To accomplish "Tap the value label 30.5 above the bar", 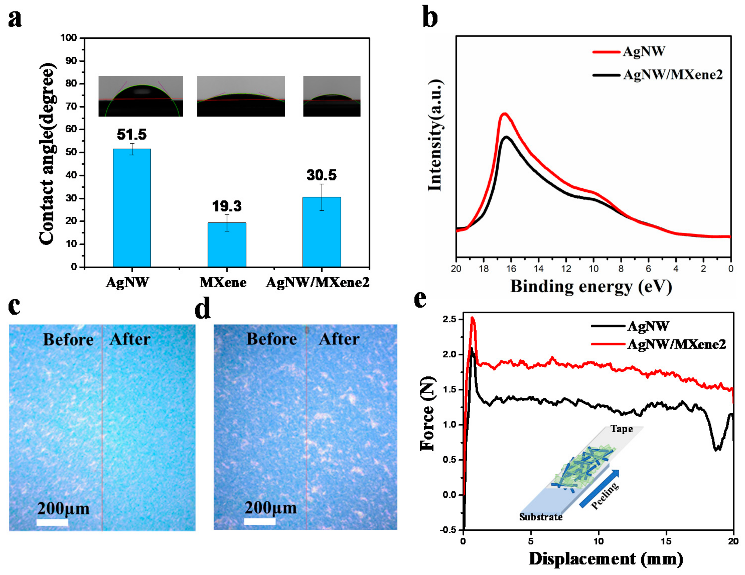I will [x=321, y=175].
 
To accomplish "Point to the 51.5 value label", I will [x=132, y=134].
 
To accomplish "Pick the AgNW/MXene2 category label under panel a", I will [x=317, y=282].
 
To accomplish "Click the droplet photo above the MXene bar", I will [x=241, y=96].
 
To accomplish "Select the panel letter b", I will [x=430, y=17].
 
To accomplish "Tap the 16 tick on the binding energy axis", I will [x=511, y=269].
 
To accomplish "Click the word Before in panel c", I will [x=68, y=340].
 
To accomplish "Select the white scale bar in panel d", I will [x=260, y=521].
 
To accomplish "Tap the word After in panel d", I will [x=339, y=339].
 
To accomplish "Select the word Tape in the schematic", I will [x=622, y=429].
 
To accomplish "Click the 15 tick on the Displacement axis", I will [x=666, y=541].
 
